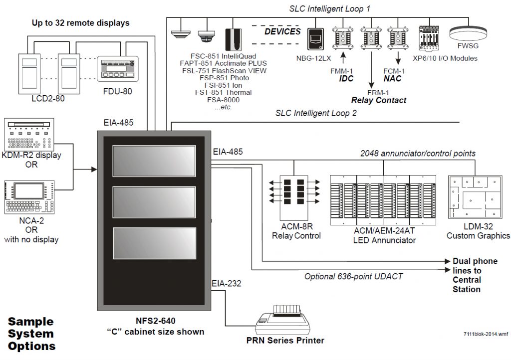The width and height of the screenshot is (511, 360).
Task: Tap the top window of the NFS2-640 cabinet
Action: pos(153,161)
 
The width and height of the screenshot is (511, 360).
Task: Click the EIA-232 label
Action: pos(227,284)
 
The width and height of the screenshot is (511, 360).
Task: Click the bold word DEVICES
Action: pos(282,31)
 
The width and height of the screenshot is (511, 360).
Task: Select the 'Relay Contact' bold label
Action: pos(378,100)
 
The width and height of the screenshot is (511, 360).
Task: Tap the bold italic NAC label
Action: pos(393,79)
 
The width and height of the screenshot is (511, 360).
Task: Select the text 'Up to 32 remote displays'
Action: pos(80,23)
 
